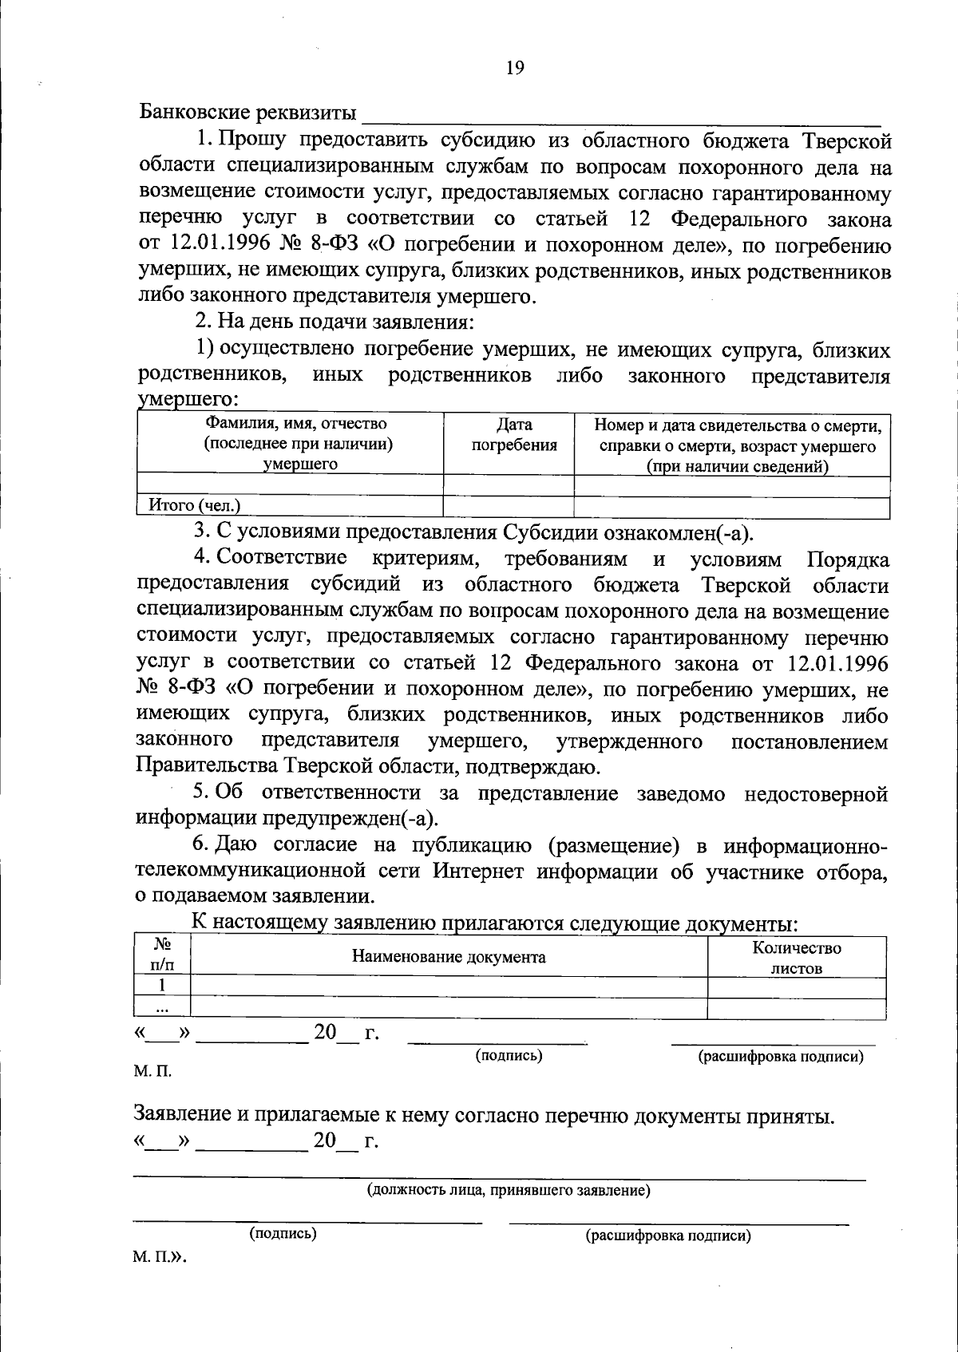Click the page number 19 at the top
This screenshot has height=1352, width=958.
[515, 69]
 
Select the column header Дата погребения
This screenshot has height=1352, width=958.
[514, 435]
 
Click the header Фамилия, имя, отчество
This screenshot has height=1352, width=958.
[297, 424]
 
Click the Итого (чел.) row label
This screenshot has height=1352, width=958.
[194, 505]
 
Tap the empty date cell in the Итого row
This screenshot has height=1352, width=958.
[509, 506]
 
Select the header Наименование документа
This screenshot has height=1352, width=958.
[449, 957]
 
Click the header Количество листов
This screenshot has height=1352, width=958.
[796, 958]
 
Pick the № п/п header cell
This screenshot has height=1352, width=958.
[162, 955]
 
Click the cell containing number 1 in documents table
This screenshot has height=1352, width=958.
[162, 986]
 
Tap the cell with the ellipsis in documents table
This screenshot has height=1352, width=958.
[162, 1009]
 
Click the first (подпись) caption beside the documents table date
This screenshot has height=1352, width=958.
[509, 1056]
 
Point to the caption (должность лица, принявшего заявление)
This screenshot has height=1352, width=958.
[509, 1191]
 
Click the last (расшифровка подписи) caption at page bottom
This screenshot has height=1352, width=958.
[668, 1236]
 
